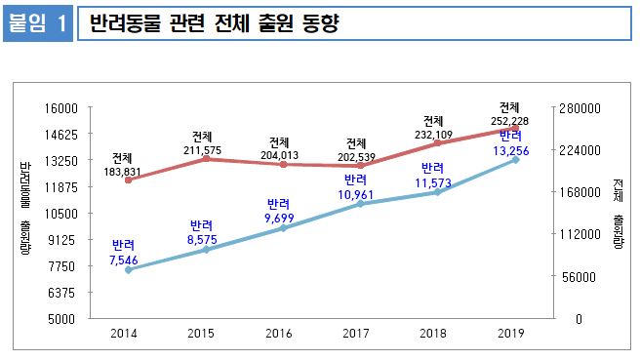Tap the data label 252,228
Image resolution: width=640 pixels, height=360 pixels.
pyautogui.click(x=509, y=120)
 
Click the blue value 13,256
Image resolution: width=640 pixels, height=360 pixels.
pyautogui.click(x=511, y=149)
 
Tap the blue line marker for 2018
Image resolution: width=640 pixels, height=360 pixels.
pyautogui.click(x=437, y=192)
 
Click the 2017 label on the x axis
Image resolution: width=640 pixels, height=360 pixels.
pyautogui.click(x=357, y=334)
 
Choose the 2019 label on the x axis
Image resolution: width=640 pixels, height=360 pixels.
pyautogui.click(x=511, y=334)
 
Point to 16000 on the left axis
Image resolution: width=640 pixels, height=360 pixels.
pyautogui.click(x=73, y=108)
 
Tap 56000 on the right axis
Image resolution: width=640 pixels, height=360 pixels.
pyautogui.click(x=575, y=277)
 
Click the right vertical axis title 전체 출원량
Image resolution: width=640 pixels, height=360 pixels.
pyautogui.click(x=619, y=213)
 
